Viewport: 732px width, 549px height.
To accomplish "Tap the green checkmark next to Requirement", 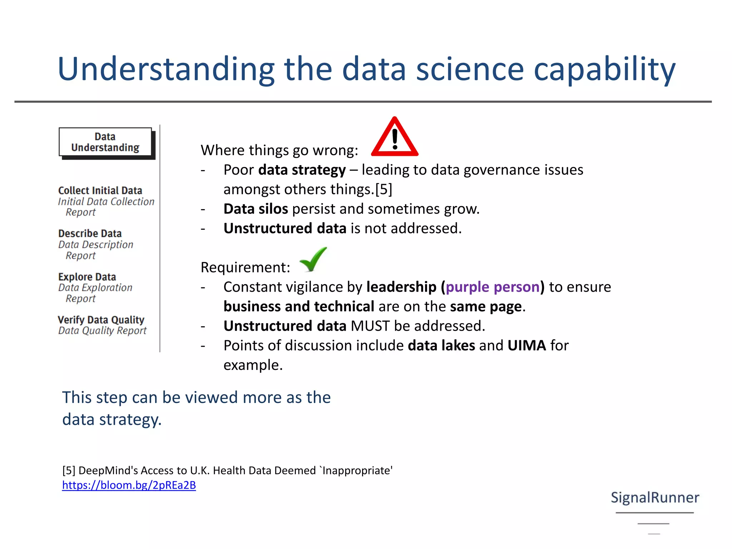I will click(313, 260).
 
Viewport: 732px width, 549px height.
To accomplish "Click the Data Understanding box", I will click(105, 142).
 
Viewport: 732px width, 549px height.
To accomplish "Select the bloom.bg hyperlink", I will click(129, 485).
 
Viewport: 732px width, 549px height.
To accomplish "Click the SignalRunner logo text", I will click(655, 497).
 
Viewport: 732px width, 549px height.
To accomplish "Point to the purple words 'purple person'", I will click(493, 287).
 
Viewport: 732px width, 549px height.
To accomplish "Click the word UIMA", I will click(526, 346).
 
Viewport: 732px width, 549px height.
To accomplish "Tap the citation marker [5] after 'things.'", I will click(384, 189).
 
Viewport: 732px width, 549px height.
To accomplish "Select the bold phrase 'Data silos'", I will click(256, 209).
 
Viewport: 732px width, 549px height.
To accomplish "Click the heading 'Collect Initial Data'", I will click(100, 191).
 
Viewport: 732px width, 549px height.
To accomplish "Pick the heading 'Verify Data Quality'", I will click(101, 320).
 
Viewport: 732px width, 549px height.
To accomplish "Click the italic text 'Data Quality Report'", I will click(103, 331).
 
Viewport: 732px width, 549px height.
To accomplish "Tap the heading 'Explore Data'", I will click(87, 277).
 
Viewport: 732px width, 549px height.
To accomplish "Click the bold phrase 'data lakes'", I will click(441, 346).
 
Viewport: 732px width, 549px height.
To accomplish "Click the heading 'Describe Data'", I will click(90, 233).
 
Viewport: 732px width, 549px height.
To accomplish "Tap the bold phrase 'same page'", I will click(486, 307).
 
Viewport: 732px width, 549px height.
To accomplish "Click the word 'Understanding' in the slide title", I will click(166, 69).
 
